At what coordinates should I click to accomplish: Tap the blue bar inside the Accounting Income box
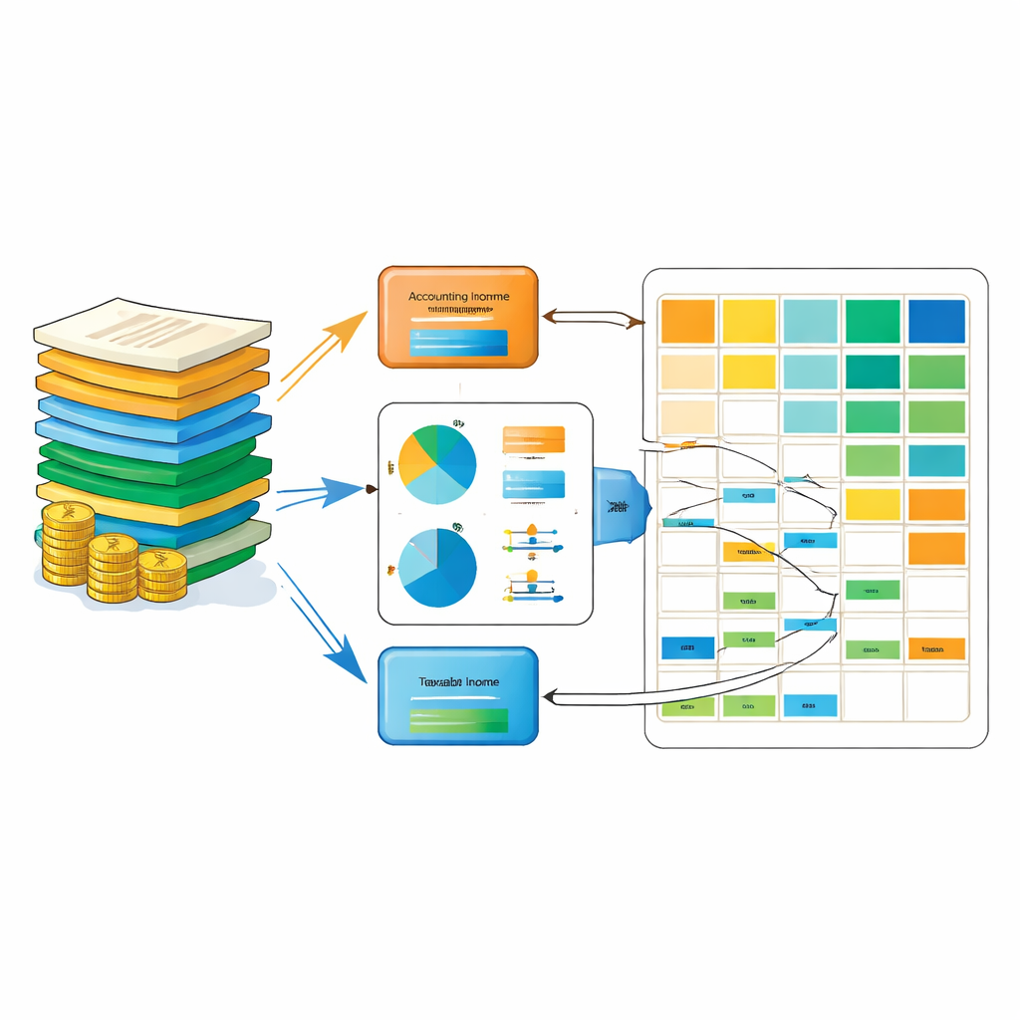458,342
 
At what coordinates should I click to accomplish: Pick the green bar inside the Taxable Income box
458,720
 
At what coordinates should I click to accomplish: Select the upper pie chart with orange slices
437,463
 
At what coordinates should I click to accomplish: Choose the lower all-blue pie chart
437,567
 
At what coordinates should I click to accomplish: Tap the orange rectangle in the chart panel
534,439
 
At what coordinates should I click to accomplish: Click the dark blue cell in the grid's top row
936,321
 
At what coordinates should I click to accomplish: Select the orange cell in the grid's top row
688,321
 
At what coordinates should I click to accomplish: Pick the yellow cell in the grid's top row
749,321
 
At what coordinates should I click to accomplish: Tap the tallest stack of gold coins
68,543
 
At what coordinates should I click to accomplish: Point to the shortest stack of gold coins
161,575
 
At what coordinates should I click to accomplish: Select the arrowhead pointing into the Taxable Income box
552,697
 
